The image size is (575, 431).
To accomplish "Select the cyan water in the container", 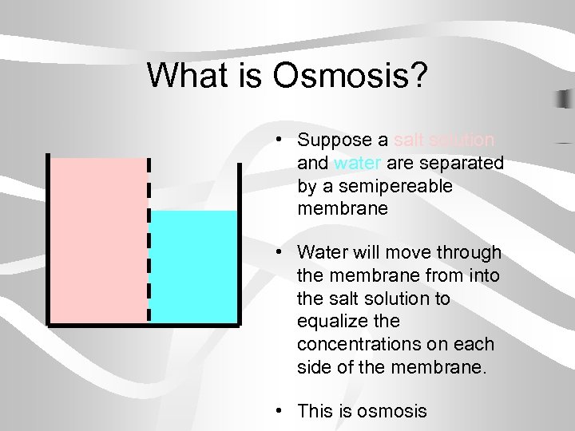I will (194, 267).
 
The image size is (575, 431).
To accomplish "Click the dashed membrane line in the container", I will (148, 239).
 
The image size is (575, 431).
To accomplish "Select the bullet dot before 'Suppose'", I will (276, 140).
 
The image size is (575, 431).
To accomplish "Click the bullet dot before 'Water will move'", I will (276, 253).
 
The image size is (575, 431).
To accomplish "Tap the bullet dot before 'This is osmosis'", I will (276, 411).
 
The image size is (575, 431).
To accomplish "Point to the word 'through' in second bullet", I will (473, 253).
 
